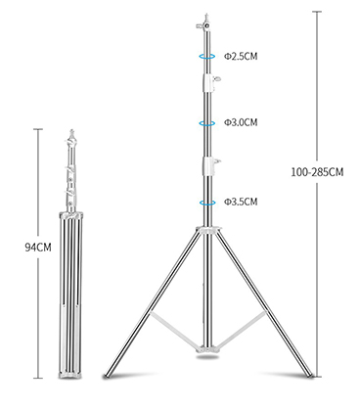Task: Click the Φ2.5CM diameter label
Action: coord(239,57)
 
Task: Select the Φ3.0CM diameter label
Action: coord(239,123)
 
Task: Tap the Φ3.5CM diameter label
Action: coord(239,202)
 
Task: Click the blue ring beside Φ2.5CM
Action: coord(207,57)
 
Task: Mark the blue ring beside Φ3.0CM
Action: coord(207,123)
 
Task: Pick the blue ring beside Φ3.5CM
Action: coord(207,202)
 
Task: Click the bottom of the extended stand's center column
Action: coord(207,350)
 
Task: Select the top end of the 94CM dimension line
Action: coord(40,127)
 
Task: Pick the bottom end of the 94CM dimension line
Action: coord(40,378)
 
